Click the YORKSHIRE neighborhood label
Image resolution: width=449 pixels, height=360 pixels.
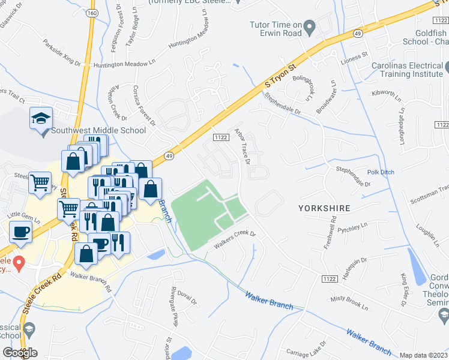324,208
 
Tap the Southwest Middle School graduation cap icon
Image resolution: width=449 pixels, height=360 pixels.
41,118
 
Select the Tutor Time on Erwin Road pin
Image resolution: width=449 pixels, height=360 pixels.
310,26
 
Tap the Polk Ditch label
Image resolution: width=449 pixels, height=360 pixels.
381,172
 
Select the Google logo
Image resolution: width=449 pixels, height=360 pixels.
20,353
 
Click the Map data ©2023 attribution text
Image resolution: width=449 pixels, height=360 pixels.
424,355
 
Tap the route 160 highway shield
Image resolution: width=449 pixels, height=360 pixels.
91,13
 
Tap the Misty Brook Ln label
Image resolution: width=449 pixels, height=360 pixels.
349,302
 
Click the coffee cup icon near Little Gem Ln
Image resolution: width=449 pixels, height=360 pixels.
20,231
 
